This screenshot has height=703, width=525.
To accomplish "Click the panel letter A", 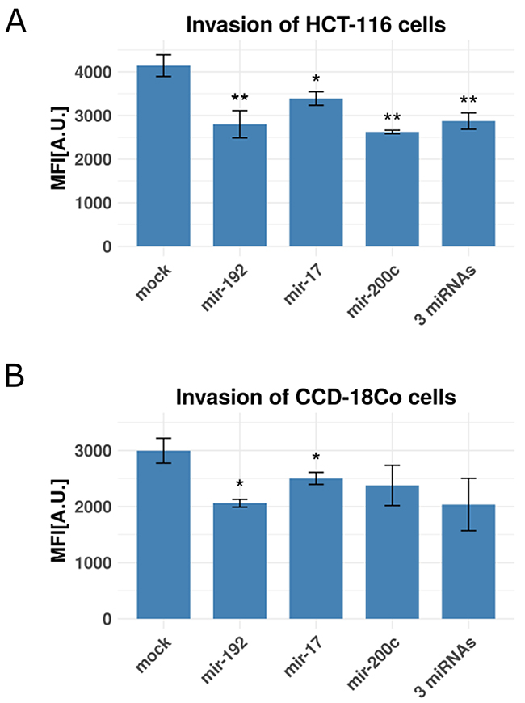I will [17, 21].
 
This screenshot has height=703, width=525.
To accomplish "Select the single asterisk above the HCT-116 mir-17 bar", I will [316, 79].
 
